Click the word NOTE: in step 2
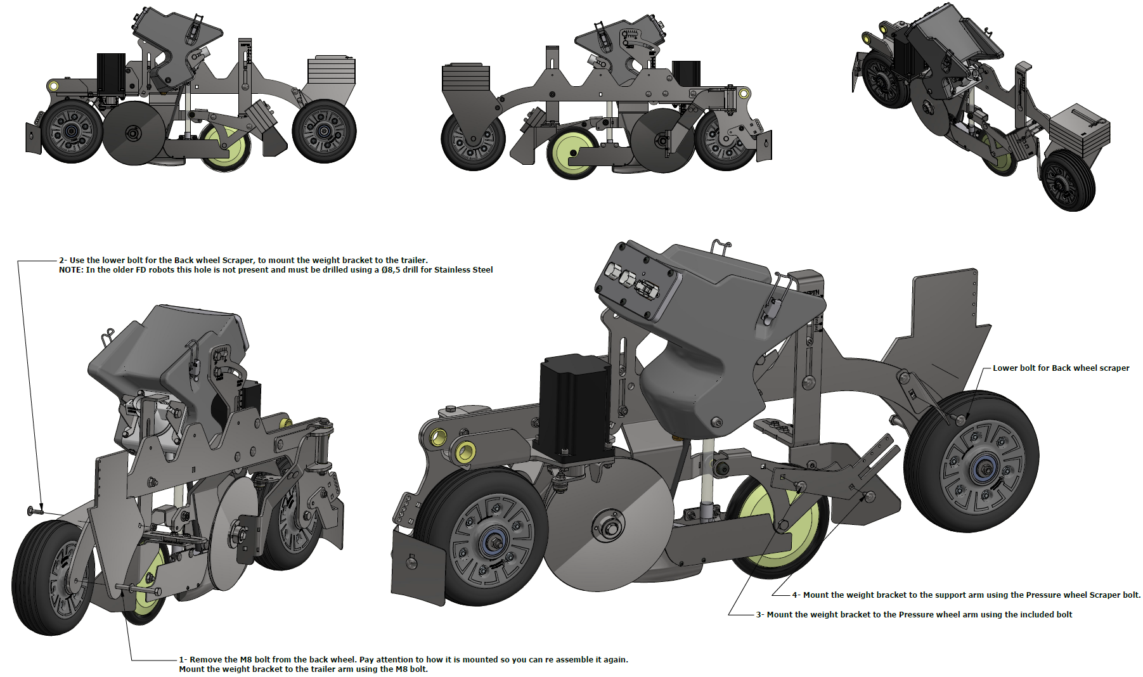click(x=71, y=270)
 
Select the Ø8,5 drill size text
click(x=391, y=270)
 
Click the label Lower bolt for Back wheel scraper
click(x=1061, y=368)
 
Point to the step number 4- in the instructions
click(x=796, y=595)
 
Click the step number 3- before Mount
click(x=760, y=615)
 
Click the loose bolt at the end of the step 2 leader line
click(x=35, y=510)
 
